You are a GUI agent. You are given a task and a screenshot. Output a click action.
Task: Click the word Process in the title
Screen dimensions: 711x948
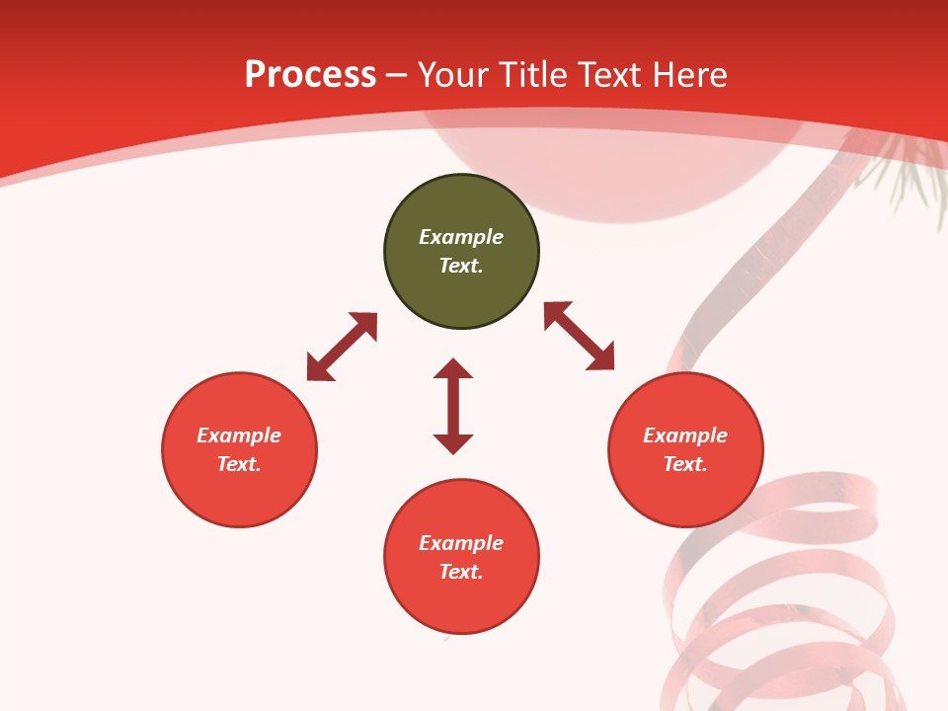[310, 75]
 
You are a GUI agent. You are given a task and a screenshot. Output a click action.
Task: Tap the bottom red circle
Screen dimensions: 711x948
[461, 602]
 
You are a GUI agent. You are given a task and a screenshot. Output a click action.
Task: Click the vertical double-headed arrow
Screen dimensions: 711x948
[453, 406]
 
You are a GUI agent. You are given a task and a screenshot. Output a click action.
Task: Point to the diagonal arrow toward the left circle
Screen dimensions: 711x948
[342, 347]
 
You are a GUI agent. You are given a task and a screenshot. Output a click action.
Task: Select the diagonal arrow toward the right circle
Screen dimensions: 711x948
[579, 336]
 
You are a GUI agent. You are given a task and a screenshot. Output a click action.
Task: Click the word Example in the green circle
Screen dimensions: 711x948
[461, 237]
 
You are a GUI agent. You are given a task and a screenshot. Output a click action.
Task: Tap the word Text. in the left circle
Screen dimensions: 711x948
[239, 464]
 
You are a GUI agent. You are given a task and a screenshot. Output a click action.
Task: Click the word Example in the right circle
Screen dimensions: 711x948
[685, 435]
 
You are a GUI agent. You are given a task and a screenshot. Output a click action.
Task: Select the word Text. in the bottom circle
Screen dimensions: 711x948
[461, 572]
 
